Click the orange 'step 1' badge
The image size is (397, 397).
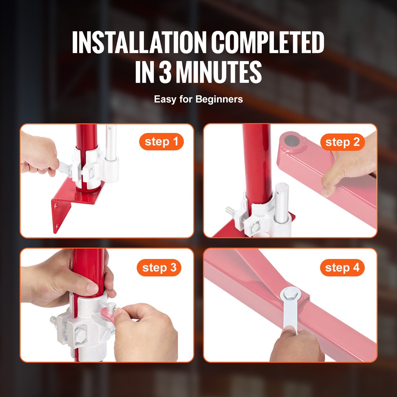[161, 142]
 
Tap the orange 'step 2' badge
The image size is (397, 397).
[342, 142]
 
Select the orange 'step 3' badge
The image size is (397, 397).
[159, 268]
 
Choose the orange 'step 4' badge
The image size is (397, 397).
[342, 268]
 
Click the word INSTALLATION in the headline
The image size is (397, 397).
[139, 43]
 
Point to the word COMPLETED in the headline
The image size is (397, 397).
[268, 43]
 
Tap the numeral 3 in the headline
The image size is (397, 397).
[165, 72]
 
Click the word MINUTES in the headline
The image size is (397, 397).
[218, 72]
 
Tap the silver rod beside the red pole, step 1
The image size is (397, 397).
[111, 143]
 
